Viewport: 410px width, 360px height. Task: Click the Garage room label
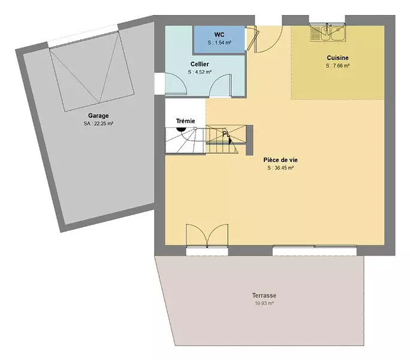98,116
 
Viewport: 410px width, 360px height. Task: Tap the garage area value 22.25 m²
98,124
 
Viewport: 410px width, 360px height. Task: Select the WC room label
219,35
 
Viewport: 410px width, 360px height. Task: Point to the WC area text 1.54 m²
219,43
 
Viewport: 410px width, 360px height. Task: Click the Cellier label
200,64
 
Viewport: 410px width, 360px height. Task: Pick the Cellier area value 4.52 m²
200,72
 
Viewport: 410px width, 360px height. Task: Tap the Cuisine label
337,58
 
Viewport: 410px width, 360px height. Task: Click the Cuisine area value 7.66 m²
337,66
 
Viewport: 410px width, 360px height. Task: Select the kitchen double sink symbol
328,32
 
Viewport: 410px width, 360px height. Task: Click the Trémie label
185,121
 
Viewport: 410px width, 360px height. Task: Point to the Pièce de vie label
281,160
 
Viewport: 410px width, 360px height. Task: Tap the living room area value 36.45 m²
281,168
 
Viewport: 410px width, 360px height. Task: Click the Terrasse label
264,295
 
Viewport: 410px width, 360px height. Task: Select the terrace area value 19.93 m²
264,304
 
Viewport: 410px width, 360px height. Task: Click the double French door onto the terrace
207,236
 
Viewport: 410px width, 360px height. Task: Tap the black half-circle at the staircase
181,129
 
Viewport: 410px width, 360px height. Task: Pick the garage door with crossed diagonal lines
92,71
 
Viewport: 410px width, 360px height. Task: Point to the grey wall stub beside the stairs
249,140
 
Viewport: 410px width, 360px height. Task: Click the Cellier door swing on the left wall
176,83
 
